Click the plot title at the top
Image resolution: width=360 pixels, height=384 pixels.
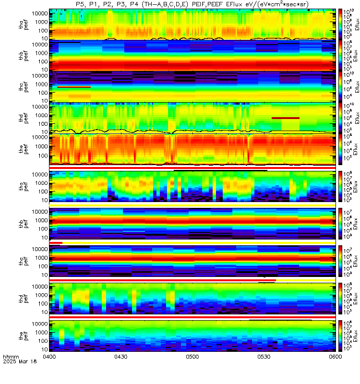click(192, 4)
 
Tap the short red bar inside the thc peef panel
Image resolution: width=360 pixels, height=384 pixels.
click(74, 87)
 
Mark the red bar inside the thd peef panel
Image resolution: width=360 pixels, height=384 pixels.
click(285, 118)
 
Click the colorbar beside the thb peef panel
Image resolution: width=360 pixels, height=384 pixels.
click(340, 55)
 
